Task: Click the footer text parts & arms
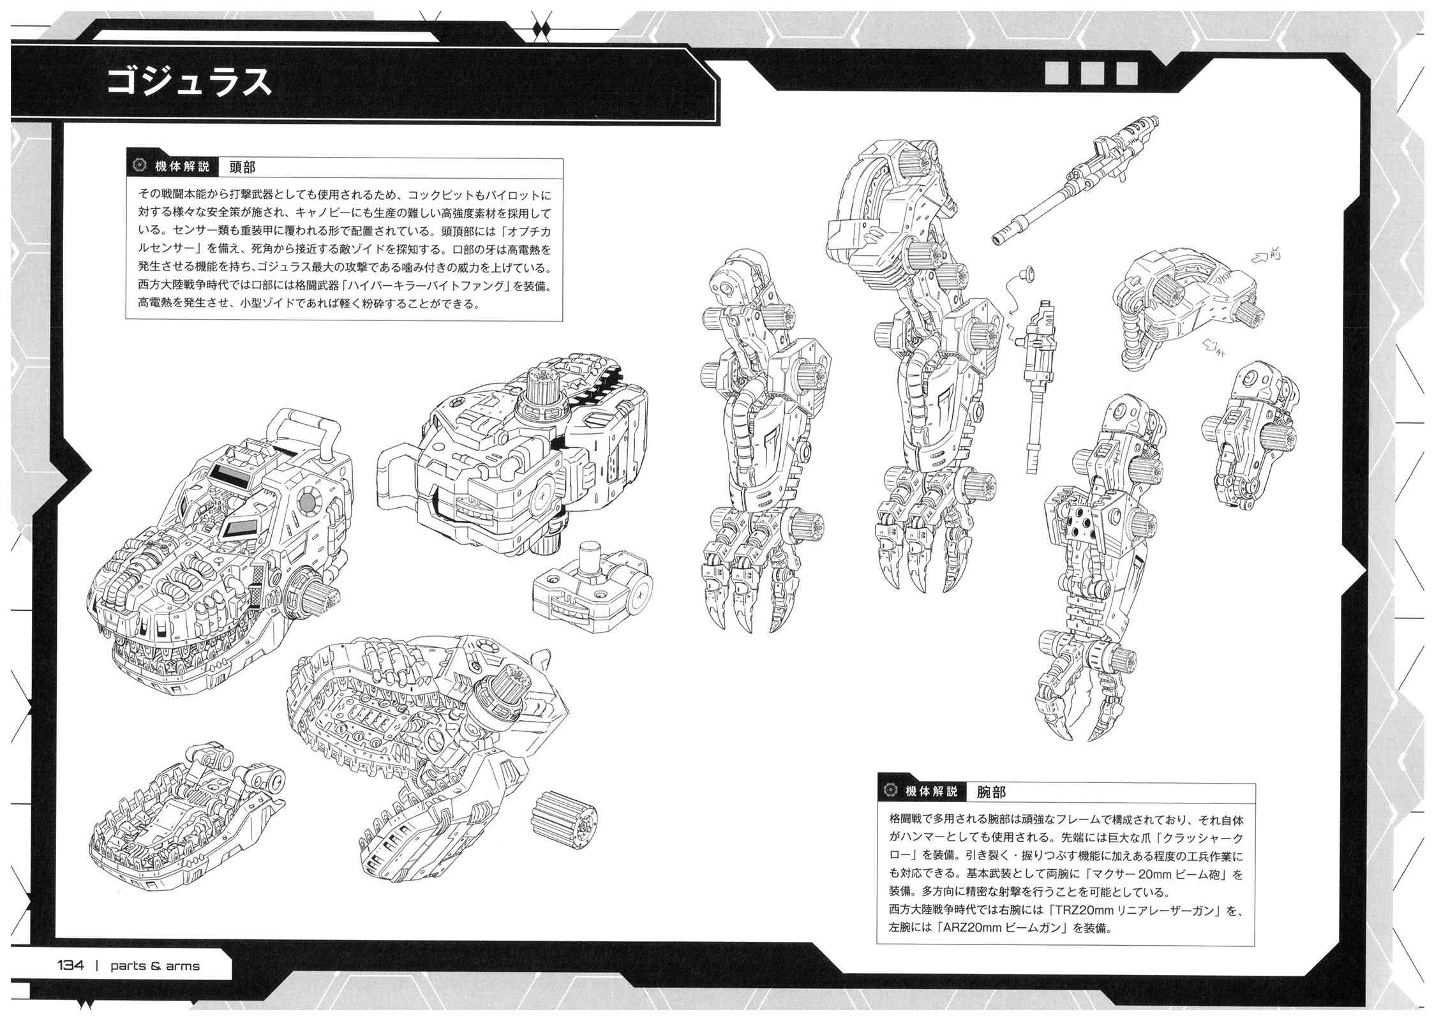(x=155, y=966)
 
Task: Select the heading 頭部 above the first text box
(x=243, y=167)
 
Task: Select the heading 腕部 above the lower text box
(x=992, y=791)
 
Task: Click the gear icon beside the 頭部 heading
(x=137, y=167)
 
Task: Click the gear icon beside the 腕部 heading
(x=888, y=791)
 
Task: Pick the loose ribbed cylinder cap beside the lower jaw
(x=565, y=821)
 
